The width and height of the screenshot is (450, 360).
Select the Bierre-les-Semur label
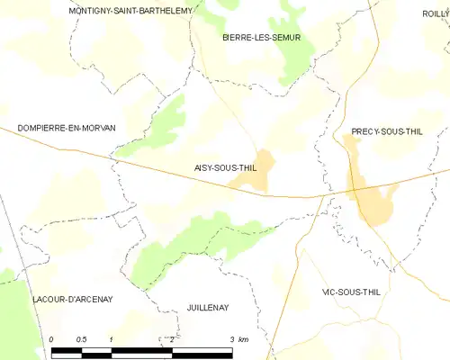coord(261,38)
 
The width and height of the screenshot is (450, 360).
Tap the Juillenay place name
coord(208,308)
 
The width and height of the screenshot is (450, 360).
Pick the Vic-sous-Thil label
coord(354,292)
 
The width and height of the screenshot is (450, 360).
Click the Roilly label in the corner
coord(436,13)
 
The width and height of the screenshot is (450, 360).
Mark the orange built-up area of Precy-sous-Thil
coord(371,198)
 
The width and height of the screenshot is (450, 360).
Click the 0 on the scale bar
coord(52,338)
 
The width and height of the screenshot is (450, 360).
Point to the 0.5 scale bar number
coord(81,338)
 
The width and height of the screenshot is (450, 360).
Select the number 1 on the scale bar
coord(111,338)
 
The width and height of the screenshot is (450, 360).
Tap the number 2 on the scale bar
coord(171,338)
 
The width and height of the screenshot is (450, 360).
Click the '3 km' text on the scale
coord(238,338)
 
